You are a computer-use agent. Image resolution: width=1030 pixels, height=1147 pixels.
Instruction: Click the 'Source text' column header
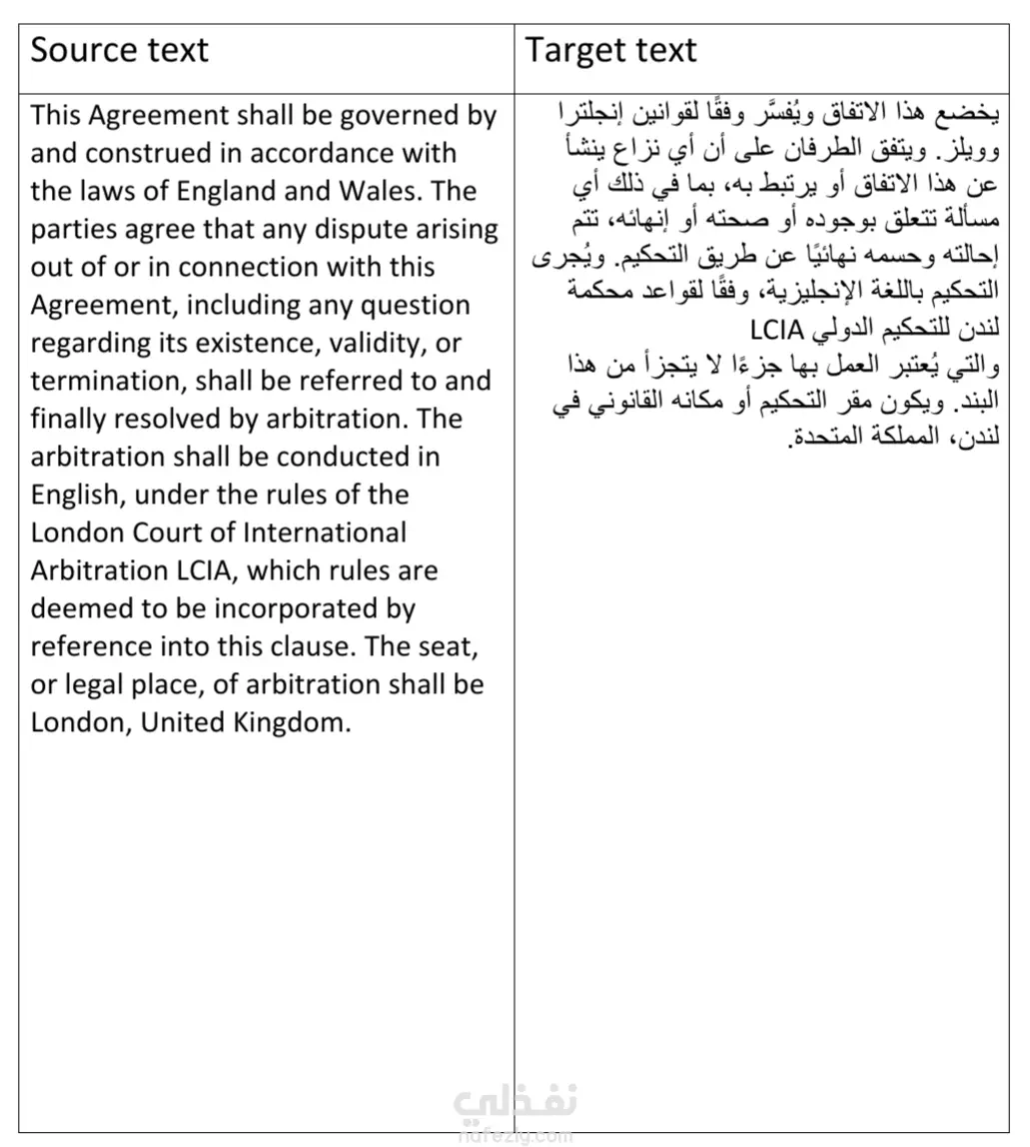point(120,51)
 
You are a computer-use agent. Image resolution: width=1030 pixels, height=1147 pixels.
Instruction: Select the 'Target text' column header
point(611,51)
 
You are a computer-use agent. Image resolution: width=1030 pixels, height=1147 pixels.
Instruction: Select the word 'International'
point(325,533)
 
